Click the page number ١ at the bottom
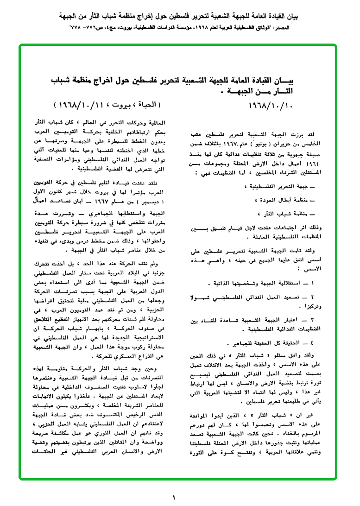tap(174, 498)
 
